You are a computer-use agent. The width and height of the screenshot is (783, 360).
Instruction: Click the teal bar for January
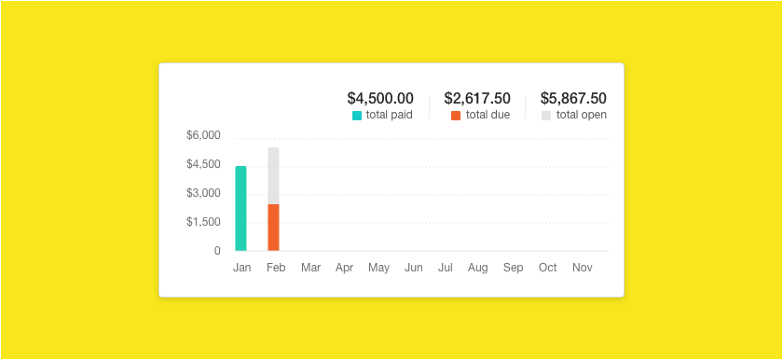pyautogui.click(x=240, y=208)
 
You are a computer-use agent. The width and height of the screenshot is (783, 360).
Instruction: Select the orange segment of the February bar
pyautogui.click(x=273, y=227)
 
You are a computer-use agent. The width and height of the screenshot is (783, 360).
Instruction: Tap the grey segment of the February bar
pyautogui.click(x=273, y=175)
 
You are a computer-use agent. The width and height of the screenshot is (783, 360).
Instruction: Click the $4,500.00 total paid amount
pyautogui.click(x=380, y=98)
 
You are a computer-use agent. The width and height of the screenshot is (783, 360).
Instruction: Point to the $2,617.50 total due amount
pyautogui.click(x=477, y=98)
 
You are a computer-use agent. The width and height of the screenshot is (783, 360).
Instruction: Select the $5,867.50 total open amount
pyautogui.click(x=573, y=98)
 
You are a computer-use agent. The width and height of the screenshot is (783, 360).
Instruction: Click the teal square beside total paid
pyautogui.click(x=357, y=116)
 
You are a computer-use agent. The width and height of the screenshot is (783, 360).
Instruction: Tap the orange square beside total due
pyautogui.click(x=456, y=116)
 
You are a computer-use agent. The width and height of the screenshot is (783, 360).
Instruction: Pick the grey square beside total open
pyautogui.click(x=546, y=116)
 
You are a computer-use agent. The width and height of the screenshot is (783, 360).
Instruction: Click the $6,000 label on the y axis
pyautogui.click(x=203, y=135)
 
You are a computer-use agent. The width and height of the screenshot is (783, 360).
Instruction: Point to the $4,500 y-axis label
pyautogui.click(x=203, y=164)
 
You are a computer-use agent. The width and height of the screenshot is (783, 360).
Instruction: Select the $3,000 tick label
pyautogui.click(x=203, y=193)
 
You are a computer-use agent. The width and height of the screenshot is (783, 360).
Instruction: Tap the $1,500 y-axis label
pyautogui.click(x=203, y=222)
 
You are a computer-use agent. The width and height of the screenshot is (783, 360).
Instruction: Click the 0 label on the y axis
pyautogui.click(x=217, y=251)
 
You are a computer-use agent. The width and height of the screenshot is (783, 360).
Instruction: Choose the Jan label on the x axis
pyautogui.click(x=242, y=268)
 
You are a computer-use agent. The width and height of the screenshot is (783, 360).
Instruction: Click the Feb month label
pyautogui.click(x=275, y=268)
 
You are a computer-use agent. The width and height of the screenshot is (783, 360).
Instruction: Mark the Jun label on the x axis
pyautogui.click(x=413, y=268)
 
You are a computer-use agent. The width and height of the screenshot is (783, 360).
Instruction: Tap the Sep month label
pyautogui.click(x=513, y=268)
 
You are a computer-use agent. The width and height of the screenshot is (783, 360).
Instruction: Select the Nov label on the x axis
pyautogui.click(x=583, y=268)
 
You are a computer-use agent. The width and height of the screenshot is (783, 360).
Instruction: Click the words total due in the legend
pyautogui.click(x=488, y=116)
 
